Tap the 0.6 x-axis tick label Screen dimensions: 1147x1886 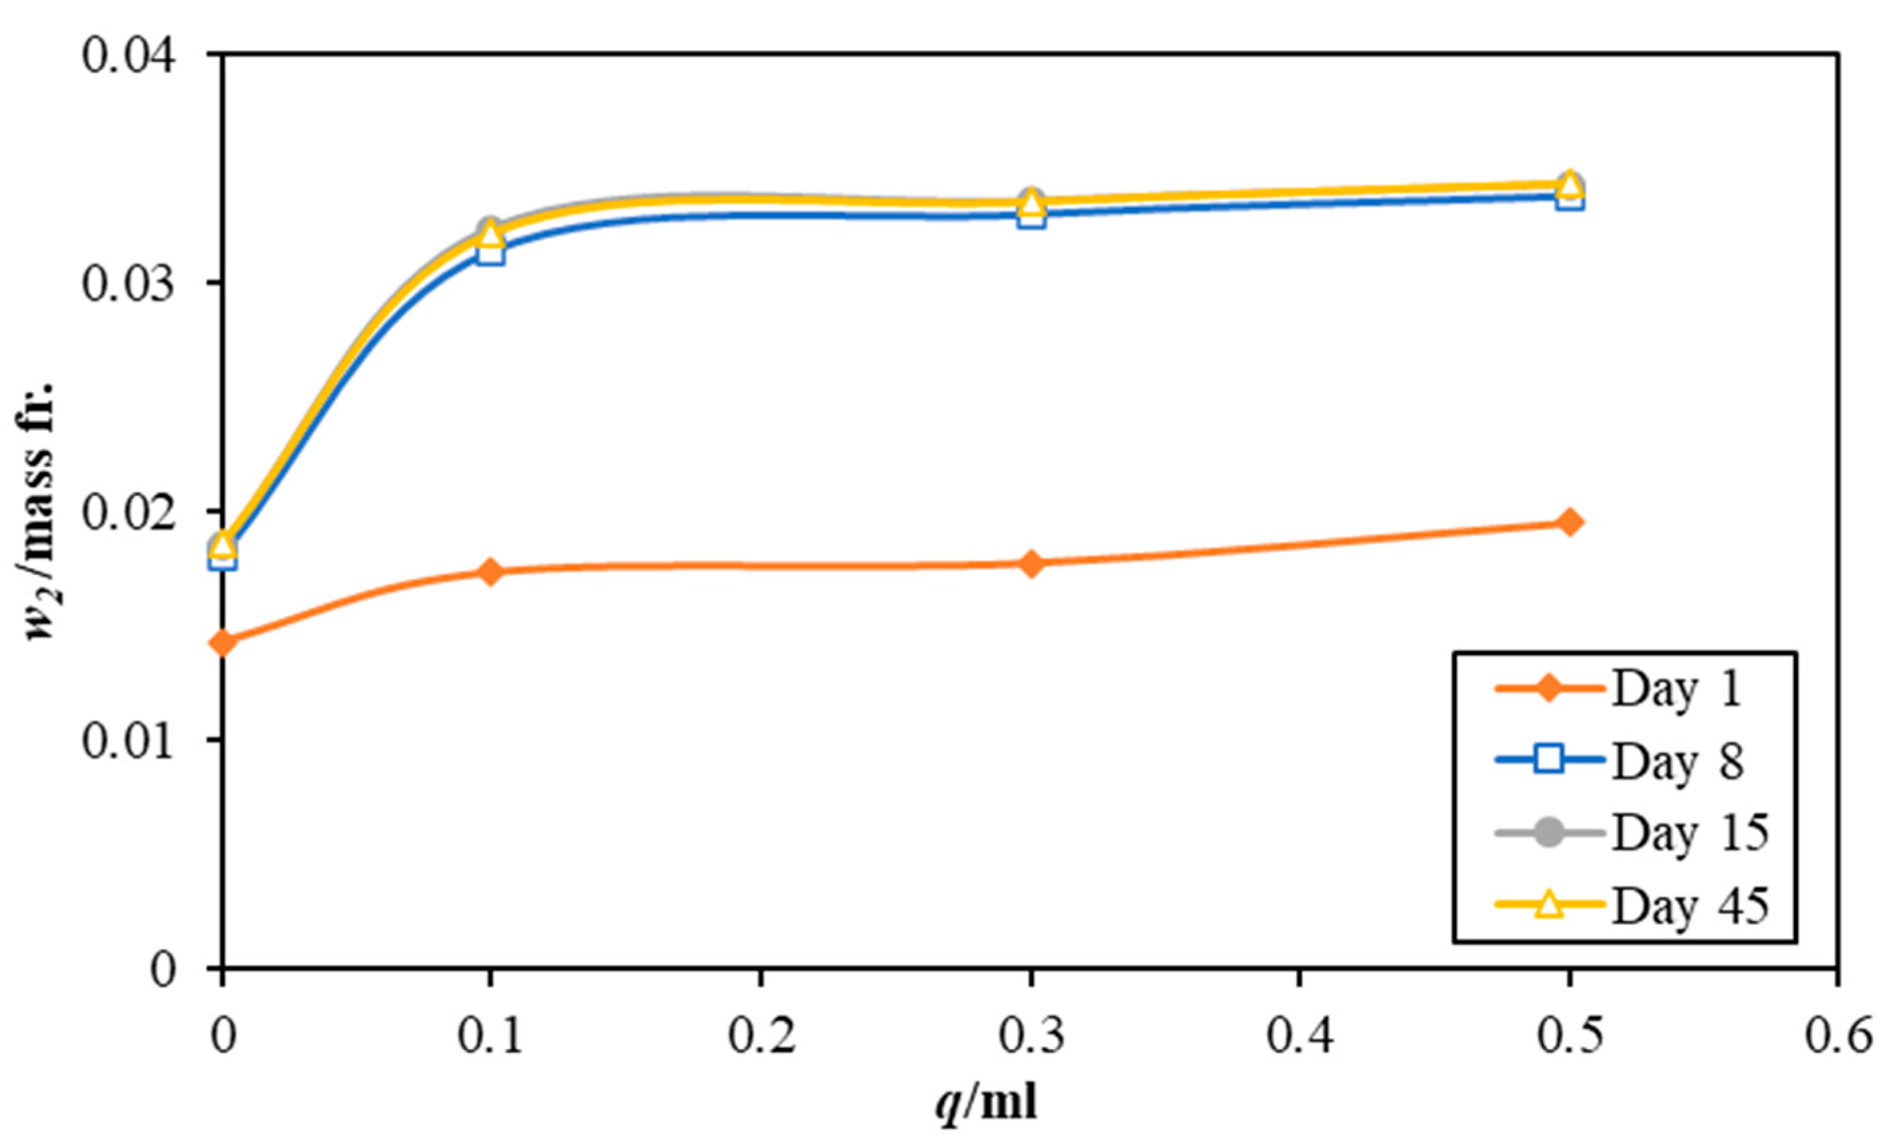coord(1837,1037)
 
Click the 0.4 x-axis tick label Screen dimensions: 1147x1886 coord(1299,1037)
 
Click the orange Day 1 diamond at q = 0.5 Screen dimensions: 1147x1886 coord(1568,523)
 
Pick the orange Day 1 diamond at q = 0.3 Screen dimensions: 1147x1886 coord(1031,564)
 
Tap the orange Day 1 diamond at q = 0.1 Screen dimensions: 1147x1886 coord(490,571)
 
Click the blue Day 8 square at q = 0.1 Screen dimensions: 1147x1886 coord(490,253)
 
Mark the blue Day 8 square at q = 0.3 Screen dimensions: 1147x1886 coord(1031,216)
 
